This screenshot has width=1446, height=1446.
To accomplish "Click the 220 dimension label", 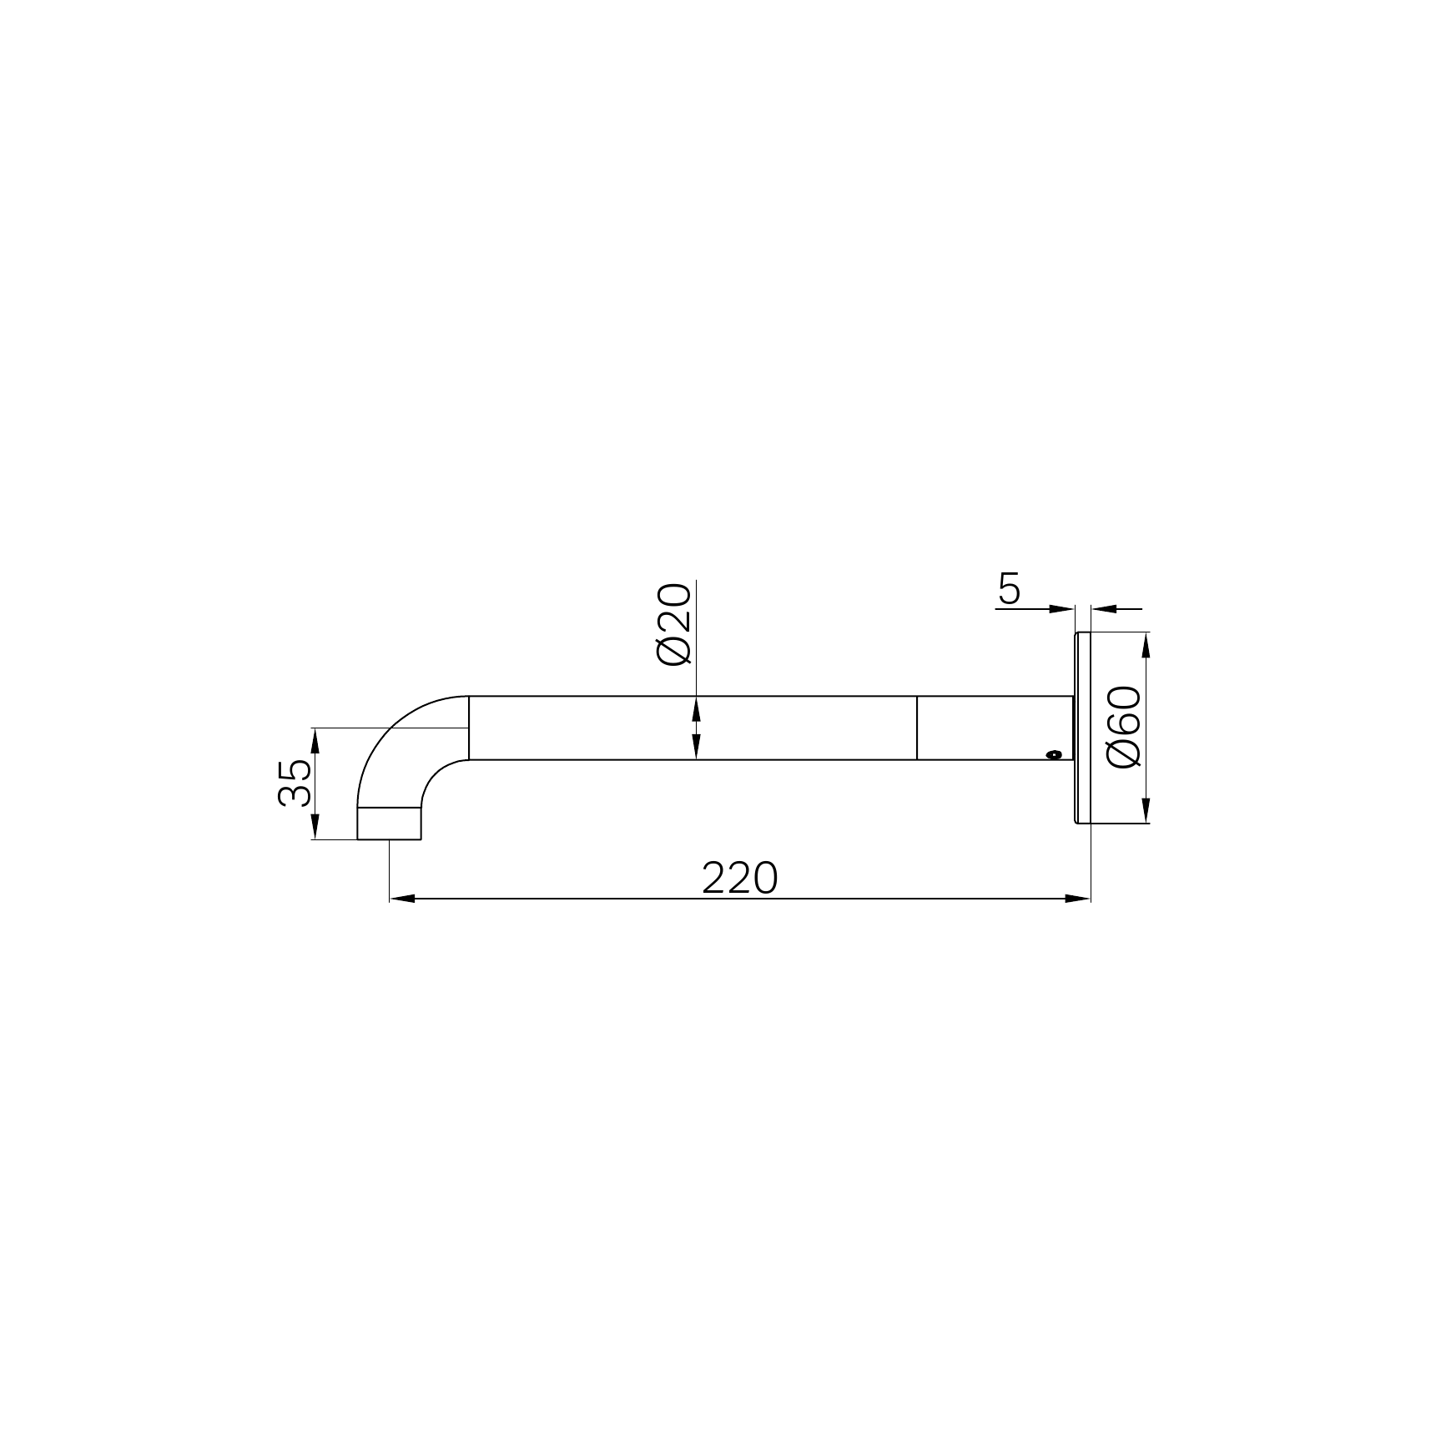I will (739, 878).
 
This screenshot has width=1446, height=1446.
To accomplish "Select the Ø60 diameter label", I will (1123, 727).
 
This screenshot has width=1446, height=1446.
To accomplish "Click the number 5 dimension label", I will (1009, 590).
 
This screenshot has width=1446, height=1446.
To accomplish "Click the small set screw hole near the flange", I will (1055, 754).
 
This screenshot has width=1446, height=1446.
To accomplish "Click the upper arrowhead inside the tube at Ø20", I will (697, 707).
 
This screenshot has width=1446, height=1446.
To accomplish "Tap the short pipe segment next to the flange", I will (993, 728).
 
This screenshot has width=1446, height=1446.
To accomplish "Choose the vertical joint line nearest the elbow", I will (469, 728).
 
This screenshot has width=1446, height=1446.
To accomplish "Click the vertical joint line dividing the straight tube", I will (917, 728).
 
